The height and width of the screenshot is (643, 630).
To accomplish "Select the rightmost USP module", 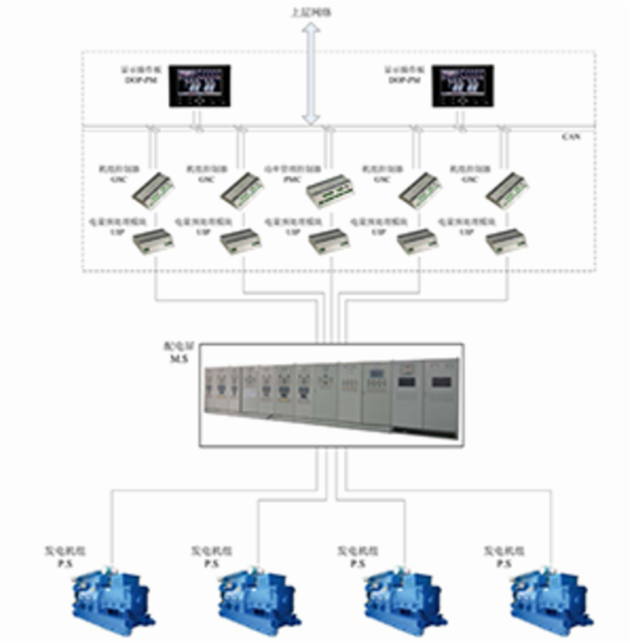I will [505, 238].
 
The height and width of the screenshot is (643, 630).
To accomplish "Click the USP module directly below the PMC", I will [329, 238].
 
